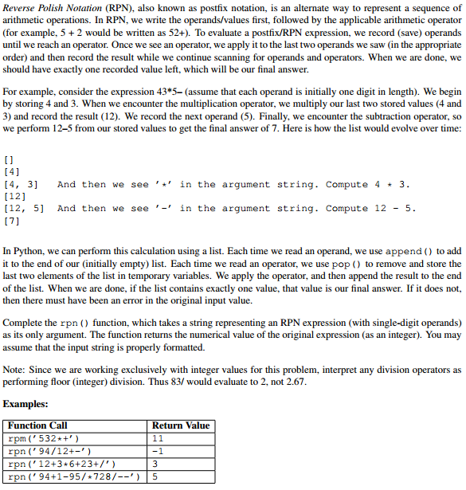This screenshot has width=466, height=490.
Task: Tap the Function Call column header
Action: click(x=37, y=425)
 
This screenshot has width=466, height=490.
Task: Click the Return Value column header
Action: click(x=181, y=425)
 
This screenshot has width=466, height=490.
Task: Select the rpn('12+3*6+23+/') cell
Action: click(x=62, y=465)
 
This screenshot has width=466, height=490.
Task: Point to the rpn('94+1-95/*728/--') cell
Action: click(x=73, y=477)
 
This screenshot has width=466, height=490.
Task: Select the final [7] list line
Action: click(x=13, y=221)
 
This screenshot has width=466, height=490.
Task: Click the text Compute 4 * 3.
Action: click(x=368, y=185)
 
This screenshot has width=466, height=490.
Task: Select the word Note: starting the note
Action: click(x=14, y=370)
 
